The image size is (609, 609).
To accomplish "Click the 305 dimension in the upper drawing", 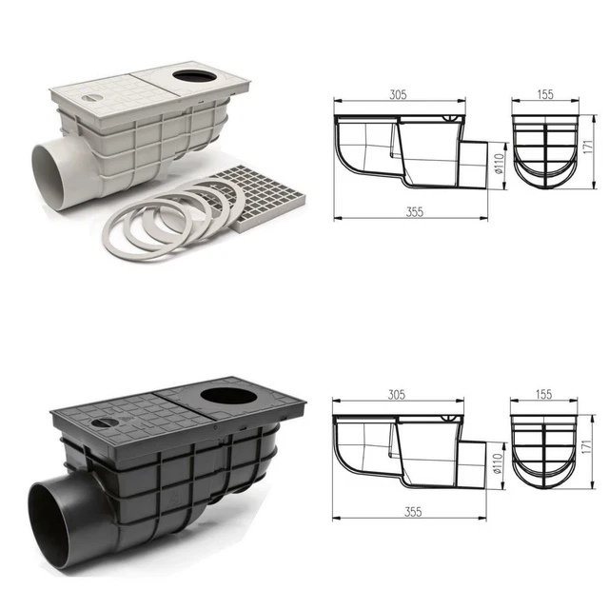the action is [398, 94].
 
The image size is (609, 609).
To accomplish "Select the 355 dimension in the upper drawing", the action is [415, 212].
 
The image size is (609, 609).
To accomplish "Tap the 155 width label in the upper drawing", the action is [545, 94].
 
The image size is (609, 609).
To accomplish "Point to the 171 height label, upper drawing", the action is [588, 147].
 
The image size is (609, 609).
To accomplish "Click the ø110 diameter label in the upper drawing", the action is [499, 164].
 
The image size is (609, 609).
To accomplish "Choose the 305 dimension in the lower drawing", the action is [397, 395].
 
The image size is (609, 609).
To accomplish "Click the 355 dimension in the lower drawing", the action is [413, 512].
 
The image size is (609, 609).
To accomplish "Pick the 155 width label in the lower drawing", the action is [543, 395].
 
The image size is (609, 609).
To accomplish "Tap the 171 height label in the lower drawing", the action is [587, 446].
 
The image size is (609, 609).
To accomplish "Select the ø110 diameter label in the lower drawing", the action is [498, 463].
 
